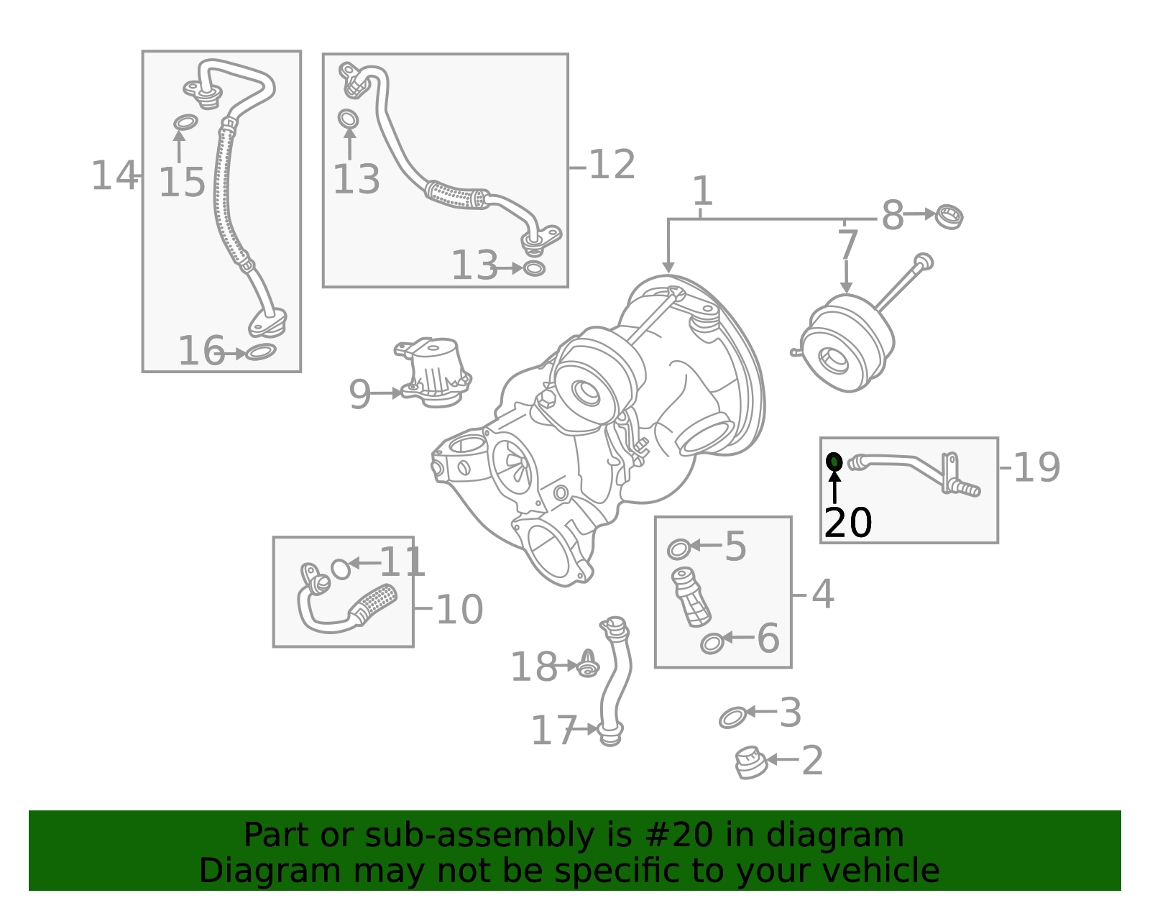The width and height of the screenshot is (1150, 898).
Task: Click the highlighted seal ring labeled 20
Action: (834, 462)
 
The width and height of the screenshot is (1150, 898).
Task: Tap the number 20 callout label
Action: (848, 523)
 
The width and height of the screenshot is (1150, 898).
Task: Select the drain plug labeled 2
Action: (750, 762)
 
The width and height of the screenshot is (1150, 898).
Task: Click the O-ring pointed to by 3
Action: (732, 717)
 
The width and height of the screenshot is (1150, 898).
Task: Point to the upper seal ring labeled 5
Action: (678, 549)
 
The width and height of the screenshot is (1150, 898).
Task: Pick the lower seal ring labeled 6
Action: (712, 643)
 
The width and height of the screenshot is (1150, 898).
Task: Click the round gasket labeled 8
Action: (949, 216)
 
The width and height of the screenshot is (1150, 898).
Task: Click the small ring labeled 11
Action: (341, 569)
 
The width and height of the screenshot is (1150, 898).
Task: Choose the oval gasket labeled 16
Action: (260, 352)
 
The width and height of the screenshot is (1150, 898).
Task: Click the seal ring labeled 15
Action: (185, 122)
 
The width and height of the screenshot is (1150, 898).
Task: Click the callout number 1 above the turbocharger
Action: (702, 191)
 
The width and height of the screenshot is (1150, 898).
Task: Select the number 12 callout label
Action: (612, 165)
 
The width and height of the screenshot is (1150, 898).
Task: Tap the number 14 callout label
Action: (114, 175)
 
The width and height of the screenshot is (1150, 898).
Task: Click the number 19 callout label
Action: (1036, 467)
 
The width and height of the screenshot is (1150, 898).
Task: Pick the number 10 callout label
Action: (459, 610)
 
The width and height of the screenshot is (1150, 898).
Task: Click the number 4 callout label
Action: (823, 595)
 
